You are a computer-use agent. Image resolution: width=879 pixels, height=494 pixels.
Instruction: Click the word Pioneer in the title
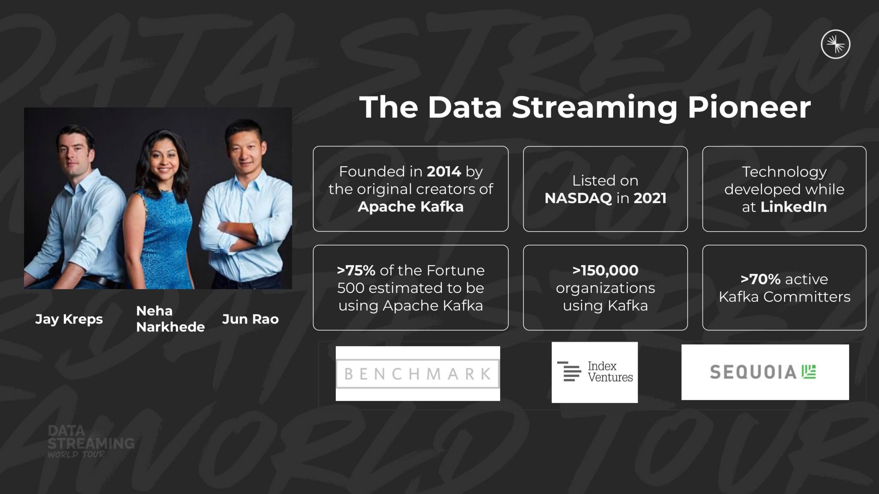click(749, 107)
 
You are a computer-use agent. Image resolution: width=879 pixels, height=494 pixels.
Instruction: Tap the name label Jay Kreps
click(69, 319)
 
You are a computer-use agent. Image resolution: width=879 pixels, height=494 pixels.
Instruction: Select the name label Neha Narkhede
click(170, 319)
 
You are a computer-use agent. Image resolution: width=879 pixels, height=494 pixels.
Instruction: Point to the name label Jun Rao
click(250, 319)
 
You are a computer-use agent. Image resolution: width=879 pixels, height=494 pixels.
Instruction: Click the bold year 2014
click(444, 172)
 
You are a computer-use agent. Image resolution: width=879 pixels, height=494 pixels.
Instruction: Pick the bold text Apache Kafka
click(411, 207)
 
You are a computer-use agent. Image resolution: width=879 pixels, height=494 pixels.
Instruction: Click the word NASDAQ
click(578, 198)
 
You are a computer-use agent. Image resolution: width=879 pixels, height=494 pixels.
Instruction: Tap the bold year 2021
click(650, 198)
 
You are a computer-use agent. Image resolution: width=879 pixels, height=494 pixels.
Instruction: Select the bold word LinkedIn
click(794, 207)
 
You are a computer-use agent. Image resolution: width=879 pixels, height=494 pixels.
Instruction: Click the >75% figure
click(356, 271)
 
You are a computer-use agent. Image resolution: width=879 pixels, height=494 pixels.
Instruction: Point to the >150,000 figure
click(605, 271)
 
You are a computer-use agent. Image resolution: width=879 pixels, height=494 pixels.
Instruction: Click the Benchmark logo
click(418, 374)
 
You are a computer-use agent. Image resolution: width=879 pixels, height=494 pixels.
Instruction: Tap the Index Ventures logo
click(595, 372)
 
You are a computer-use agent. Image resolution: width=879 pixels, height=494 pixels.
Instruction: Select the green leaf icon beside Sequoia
click(809, 372)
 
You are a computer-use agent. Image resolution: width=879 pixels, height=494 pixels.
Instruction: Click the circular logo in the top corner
click(835, 44)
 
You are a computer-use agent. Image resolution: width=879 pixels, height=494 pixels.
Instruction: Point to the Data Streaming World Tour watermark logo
click(91, 442)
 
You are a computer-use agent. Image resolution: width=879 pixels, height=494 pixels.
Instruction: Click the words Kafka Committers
click(785, 297)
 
